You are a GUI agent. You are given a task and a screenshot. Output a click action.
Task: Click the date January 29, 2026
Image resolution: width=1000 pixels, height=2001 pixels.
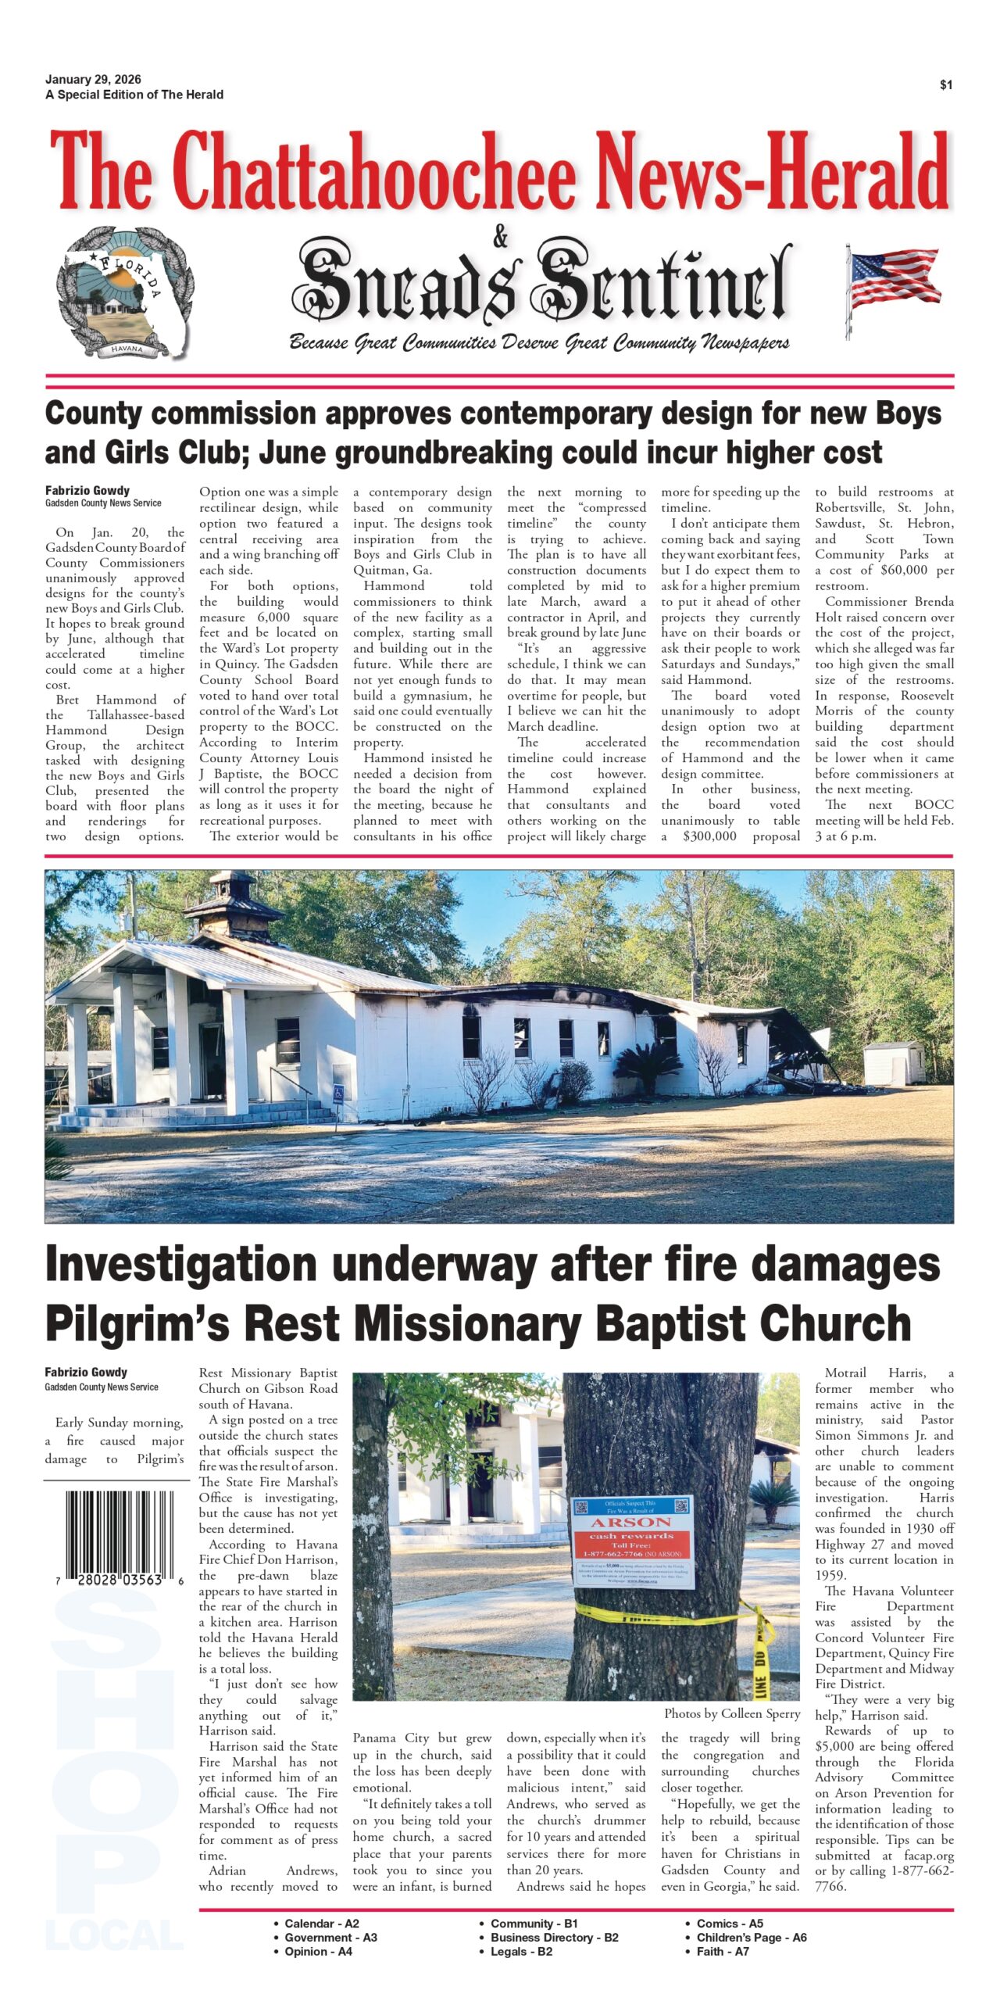point(93,80)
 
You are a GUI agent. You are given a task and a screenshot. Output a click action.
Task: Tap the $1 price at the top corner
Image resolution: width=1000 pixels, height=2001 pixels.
point(946,85)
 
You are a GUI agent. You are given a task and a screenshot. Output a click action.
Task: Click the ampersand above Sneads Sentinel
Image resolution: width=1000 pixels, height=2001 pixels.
point(500,236)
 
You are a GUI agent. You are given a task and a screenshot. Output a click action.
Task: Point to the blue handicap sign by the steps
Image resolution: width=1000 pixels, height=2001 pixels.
point(338,1094)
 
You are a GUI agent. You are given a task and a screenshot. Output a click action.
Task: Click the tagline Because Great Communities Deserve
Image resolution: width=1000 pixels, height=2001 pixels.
point(539,342)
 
